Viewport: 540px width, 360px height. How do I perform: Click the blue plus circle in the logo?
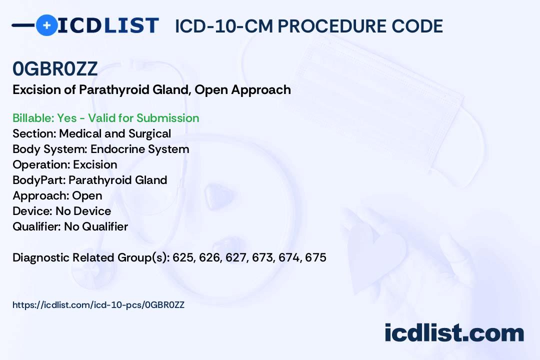pyautogui.click(x=47, y=25)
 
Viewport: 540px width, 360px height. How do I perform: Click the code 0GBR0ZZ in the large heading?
pyautogui.click(x=55, y=68)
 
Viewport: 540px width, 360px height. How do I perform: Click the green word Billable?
pyautogui.click(x=33, y=118)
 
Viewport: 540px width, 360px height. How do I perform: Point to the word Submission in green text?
pyautogui.click(x=167, y=118)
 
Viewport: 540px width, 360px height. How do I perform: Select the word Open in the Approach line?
pyautogui.click(x=87, y=195)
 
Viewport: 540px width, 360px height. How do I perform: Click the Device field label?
pyautogui.click(x=32, y=211)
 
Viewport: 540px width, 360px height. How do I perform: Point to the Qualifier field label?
pyautogui.click(x=37, y=226)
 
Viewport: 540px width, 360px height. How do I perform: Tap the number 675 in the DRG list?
pyautogui.click(x=315, y=257)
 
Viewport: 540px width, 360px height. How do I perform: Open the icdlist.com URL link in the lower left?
pyautogui.click(x=98, y=305)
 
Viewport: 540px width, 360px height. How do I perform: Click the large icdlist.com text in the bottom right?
pyautogui.click(x=454, y=332)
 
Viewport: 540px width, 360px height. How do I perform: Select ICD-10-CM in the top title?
pyautogui.click(x=224, y=26)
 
